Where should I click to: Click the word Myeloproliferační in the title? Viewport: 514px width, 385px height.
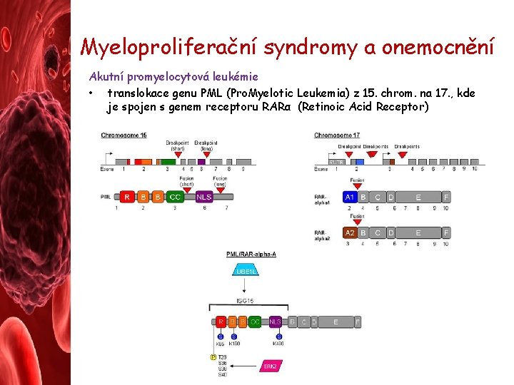pos(168,47)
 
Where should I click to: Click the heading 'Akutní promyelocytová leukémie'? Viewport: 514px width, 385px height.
pos(173,76)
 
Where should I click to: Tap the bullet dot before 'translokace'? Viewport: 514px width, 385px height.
pos(92,93)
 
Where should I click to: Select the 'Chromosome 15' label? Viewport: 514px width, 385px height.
pos(124,135)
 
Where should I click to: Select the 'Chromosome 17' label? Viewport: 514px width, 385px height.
pos(337,135)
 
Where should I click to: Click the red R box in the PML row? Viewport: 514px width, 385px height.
pos(126,197)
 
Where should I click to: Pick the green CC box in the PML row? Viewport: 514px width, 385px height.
pos(175,197)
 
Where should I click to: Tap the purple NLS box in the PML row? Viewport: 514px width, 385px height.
pos(204,197)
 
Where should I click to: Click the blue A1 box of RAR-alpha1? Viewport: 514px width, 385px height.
pos(350,197)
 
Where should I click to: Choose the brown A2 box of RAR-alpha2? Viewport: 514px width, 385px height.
pos(350,232)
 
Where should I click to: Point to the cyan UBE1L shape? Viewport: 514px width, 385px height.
pos(245,272)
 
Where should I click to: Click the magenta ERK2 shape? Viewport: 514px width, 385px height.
pos(270,366)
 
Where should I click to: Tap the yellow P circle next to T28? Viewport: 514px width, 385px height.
pos(213,356)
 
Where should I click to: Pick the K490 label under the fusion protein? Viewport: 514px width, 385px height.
pos(278,344)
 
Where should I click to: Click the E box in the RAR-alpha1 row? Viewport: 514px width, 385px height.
pos(418,197)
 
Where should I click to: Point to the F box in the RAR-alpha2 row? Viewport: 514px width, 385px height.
pos(446,232)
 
